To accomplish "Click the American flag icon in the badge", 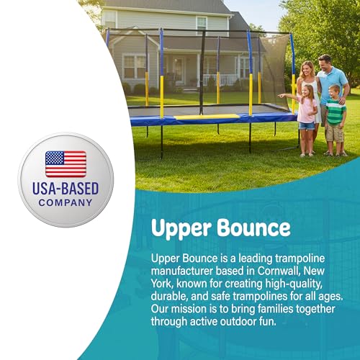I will click(66, 164).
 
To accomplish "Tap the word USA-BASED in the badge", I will click(66, 189).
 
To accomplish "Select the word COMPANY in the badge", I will click(66, 202).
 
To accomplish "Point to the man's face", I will click(325, 63).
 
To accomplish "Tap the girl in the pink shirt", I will click(307, 112).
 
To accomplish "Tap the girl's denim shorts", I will click(307, 125).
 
